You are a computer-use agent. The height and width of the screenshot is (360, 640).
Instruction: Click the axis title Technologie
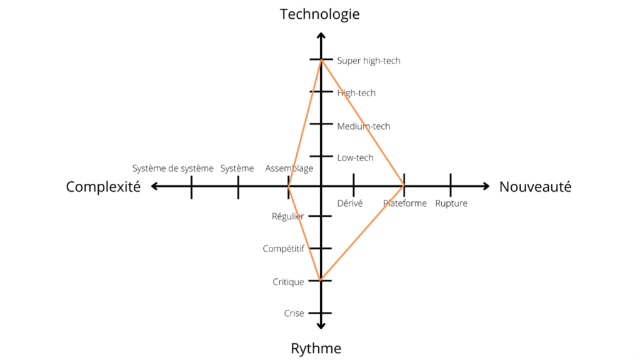(x=319, y=15)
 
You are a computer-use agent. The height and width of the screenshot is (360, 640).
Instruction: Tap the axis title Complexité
(x=103, y=187)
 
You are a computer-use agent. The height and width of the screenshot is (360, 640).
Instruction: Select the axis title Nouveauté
(x=535, y=186)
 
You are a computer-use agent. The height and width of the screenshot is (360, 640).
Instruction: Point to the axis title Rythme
(x=316, y=349)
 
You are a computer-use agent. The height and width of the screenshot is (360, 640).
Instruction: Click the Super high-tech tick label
(x=369, y=61)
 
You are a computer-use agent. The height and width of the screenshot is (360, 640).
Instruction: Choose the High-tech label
(x=356, y=93)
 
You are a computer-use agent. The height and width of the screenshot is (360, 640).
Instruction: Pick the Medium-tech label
(x=364, y=126)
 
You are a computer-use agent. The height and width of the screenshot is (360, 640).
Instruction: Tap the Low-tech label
(x=355, y=157)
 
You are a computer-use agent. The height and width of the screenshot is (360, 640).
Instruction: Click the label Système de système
(x=172, y=169)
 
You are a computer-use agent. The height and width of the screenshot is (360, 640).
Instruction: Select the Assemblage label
(x=289, y=169)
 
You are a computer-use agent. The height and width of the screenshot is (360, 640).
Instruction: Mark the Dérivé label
(x=350, y=203)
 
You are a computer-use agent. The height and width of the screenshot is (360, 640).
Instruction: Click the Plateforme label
(x=404, y=203)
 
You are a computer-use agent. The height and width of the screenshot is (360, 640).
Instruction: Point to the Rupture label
(x=451, y=203)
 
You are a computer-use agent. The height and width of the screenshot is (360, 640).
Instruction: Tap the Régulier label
(x=287, y=216)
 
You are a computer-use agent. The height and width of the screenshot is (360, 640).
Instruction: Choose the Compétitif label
(x=283, y=249)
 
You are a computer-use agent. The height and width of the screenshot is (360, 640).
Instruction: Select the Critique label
(x=288, y=282)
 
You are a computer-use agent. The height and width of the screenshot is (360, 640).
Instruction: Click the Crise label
(x=294, y=314)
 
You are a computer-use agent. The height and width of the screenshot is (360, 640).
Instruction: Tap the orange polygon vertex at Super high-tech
(x=321, y=60)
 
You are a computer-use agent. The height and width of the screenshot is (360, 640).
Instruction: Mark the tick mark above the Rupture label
(x=451, y=185)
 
